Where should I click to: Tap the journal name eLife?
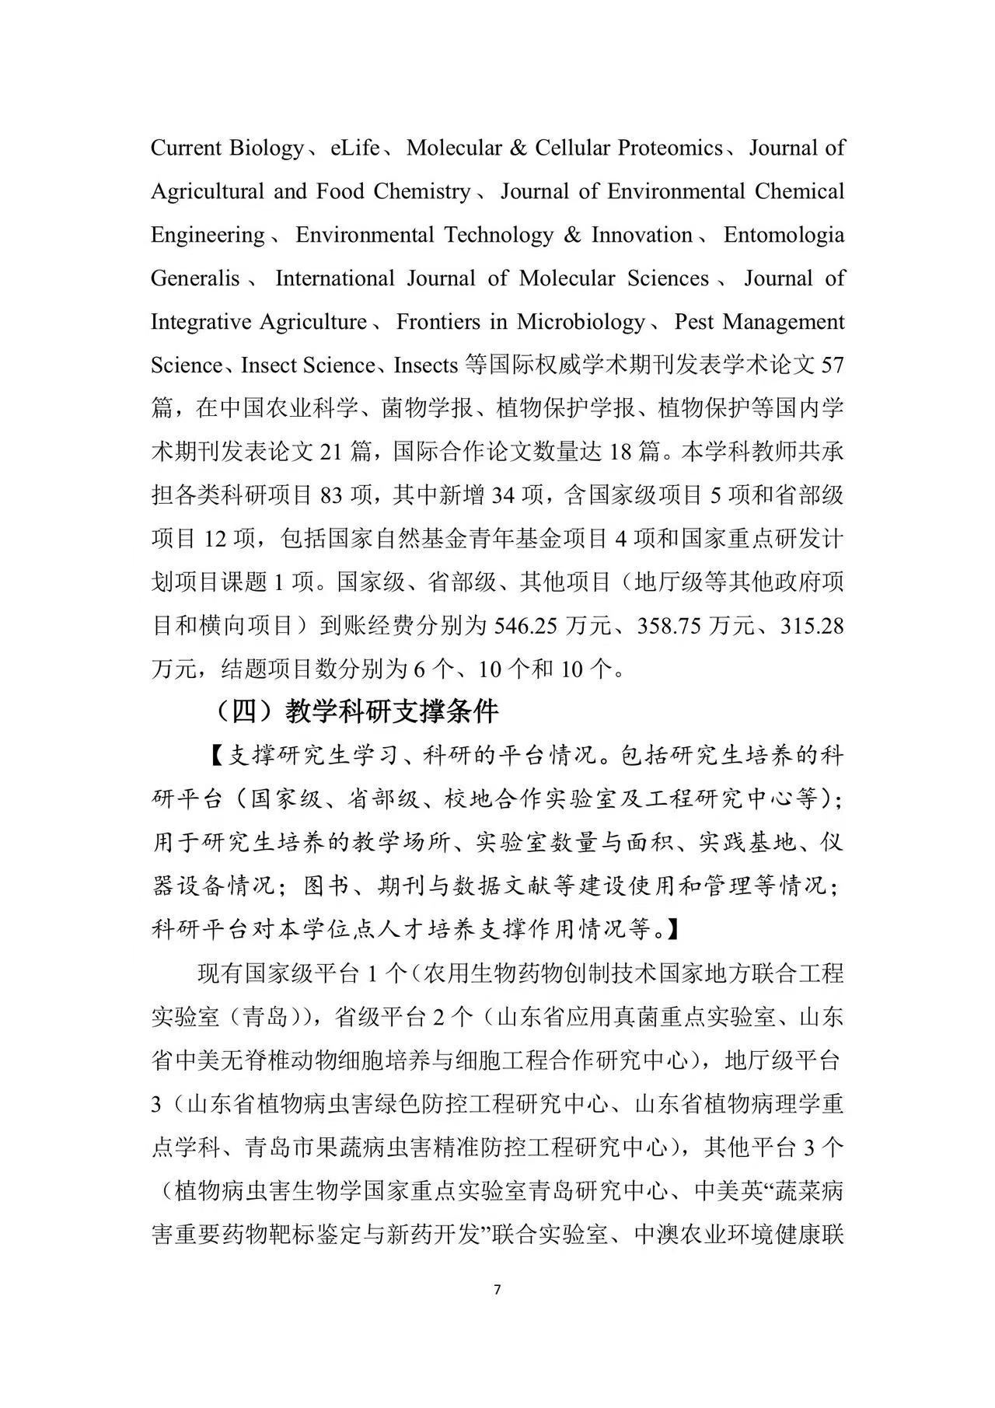[354, 148]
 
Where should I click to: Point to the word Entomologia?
[784, 235]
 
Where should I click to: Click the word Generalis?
[195, 278]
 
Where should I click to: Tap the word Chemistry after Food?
[422, 191]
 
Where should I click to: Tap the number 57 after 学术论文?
[832, 365]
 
